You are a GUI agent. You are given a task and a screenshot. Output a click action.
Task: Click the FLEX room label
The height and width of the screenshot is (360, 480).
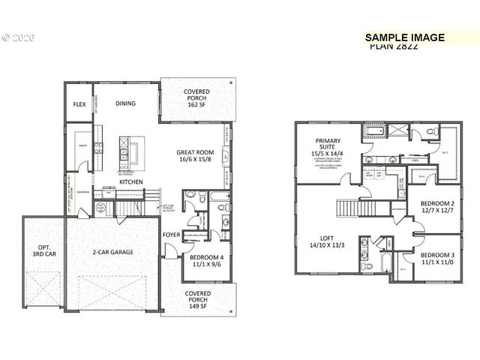click(79, 104)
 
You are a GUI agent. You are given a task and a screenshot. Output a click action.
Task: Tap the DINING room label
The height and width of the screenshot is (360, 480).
click(125, 103)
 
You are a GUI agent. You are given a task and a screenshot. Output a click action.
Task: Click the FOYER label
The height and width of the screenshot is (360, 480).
click(171, 235)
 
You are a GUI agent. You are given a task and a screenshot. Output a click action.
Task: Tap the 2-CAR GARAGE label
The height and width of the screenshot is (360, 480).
click(113, 252)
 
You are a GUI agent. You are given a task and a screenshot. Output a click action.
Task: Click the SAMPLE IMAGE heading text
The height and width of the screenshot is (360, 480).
click(405, 37)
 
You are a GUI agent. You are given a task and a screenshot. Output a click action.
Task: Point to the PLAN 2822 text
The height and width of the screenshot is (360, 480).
click(394, 46)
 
